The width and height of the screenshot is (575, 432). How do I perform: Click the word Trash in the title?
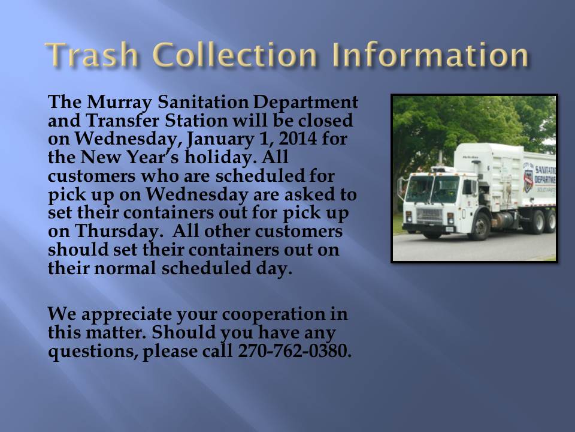coord(92,55)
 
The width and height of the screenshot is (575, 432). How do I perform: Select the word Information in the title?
coord(431,55)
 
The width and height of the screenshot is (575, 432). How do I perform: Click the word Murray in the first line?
coord(119,103)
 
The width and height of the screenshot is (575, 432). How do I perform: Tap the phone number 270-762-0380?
coord(295,350)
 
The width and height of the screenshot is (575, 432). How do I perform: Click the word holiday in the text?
coord(220,158)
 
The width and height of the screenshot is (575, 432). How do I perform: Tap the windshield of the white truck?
coord(431,189)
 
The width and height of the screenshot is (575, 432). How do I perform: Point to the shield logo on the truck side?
coord(528,179)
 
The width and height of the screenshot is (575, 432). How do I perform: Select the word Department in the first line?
coord(305,103)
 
